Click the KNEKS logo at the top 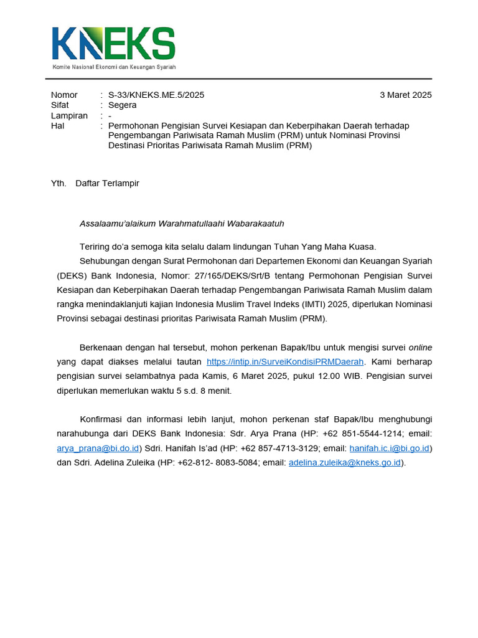tap(113, 44)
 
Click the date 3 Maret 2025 tap(405, 95)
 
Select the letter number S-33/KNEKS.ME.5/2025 tap(156, 95)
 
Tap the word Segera tap(122, 105)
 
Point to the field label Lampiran tap(69, 116)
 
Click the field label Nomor tap(64, 95)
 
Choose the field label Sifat tap(60, 105)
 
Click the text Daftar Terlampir tap(107, 183)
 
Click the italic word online tap(420, 347)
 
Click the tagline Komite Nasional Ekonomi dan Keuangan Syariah tap(114, 67)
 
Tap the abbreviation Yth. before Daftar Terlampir tap(59, 183)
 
